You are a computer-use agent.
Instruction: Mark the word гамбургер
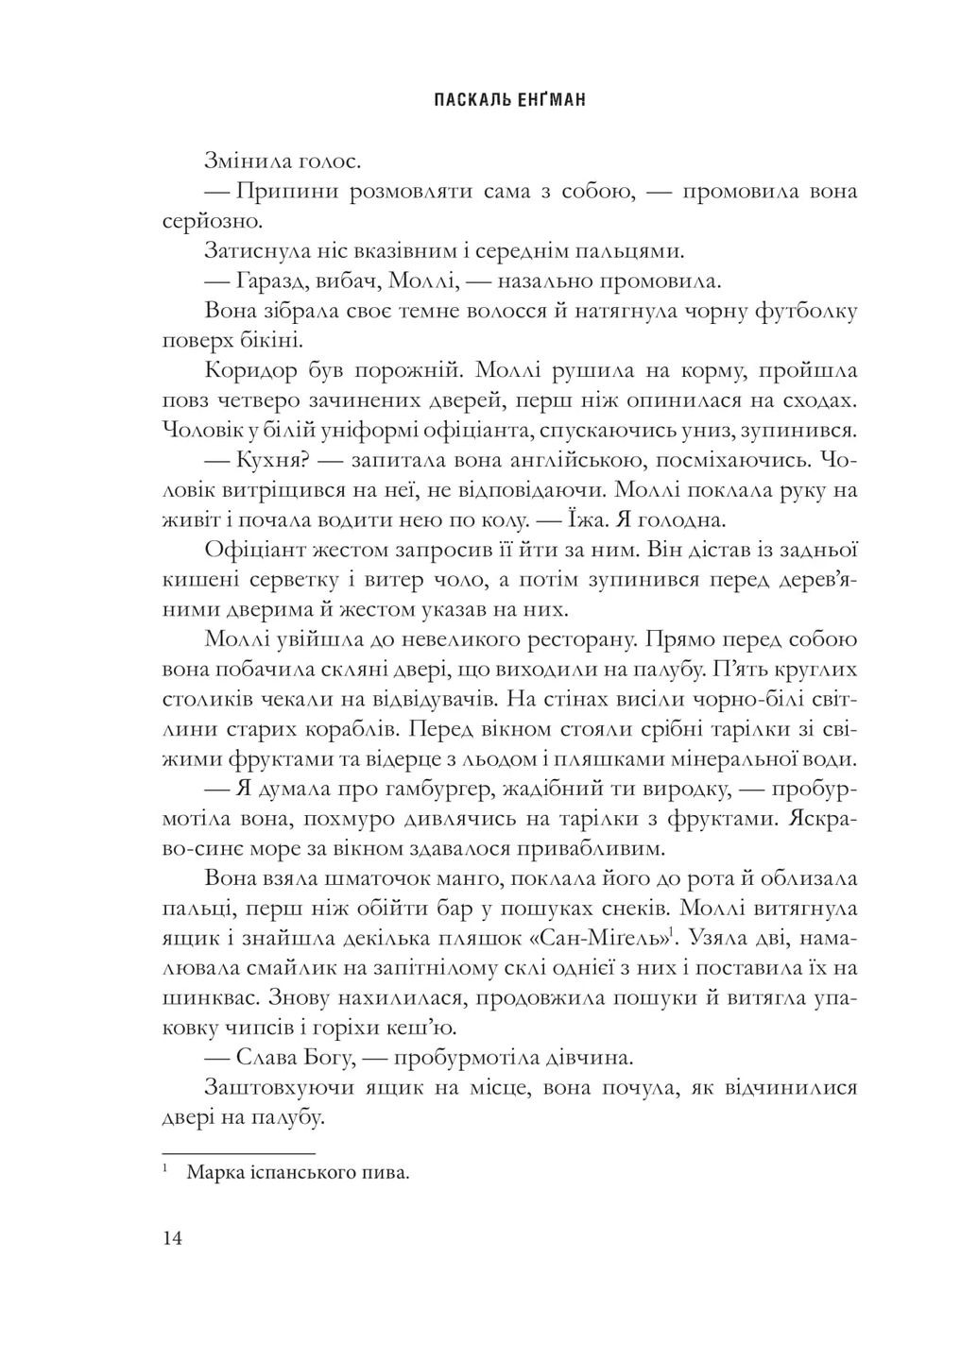(x=461, y=789)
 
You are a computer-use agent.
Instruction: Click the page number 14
(x=173, y=1239)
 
